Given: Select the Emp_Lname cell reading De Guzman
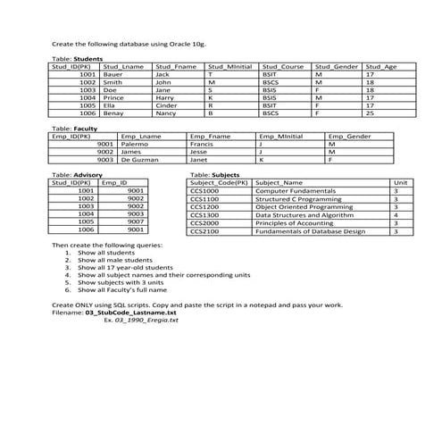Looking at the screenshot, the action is pyautogui.click(x=140, y=160).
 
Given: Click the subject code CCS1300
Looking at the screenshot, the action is pyautogui.click(x=204, y=214).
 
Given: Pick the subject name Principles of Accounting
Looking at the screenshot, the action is pyautogui.click(x=294, y=222).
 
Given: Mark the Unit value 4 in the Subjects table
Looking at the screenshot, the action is pyautogui.click(x=396, y=214).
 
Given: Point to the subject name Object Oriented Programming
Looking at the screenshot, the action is pyautogui.click(x=299, y=206).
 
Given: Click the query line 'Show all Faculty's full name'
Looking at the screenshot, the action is pyautogui.click(x=122, y=289).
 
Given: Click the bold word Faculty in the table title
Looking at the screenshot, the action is pyautogui.click(x=86, y=129).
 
